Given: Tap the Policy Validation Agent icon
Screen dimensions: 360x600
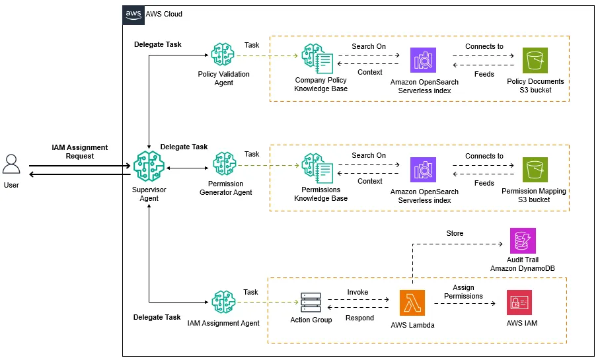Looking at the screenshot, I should pyautogui.click(x=224, y=55).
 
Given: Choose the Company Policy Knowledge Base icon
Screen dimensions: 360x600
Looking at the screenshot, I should pyautogui.click(x=316, y=58).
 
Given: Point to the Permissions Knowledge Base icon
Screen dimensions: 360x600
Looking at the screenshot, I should pyautogui.click(x=316, y=168).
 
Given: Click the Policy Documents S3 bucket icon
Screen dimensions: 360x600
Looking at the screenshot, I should pyautogui.click(x=535, y=61).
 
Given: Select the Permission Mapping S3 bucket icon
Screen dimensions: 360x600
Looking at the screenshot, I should pyautogui.click(x=535, y=170).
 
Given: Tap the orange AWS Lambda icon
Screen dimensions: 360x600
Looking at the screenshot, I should pyautogui.click(x=412, y=303).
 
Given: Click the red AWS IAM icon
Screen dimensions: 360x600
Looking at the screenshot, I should pyautogui.click(x=519, y=303).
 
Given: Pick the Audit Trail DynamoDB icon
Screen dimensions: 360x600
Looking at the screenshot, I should pyautogui.click(x=523, y=241).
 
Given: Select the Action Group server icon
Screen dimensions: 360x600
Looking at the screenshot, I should pyautogui.click(x=310, y=303).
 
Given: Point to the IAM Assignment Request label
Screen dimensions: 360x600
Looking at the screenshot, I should pyautogui.click(x=80, y=152).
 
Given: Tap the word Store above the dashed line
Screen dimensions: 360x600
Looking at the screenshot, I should pyautogui.click(x=455, y=233).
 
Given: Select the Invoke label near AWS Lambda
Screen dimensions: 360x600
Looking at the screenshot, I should pyautogui.click(x=357, y=292).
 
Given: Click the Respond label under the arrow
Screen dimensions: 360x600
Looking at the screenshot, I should pyautogui.click(x=360, y=318).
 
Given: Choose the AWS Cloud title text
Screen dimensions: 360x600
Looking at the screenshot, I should pyautogui.click(x=163, y=14).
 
